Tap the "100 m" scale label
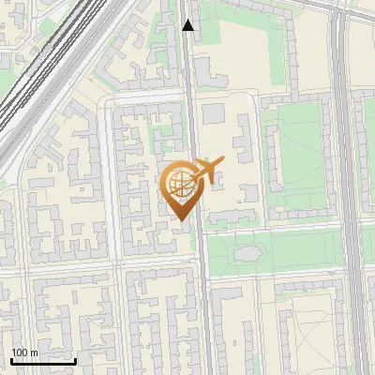pos(24,352)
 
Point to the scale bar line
pos(43,360)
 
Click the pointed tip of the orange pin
pos(181,219)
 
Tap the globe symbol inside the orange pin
pos(179,185)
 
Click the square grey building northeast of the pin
pos(215,113)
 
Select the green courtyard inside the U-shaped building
pos(298,155)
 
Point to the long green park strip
pos(281,251)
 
